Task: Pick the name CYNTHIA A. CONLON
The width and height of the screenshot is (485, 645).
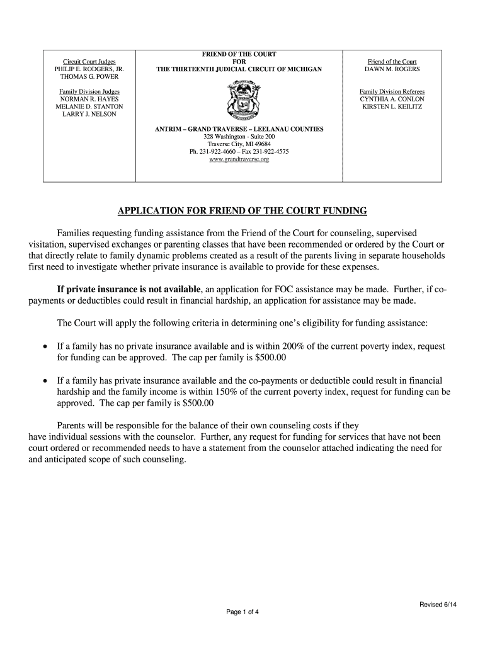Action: click(x=392, y=99)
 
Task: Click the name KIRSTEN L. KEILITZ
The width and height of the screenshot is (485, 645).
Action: click(x=392, y=106)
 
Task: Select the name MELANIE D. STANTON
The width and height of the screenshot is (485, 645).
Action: click(x=88, y=106)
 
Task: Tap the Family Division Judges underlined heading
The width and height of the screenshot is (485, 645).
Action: click(x=88, y=91)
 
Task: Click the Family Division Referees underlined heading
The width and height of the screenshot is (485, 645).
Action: click(x=392, y=91)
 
